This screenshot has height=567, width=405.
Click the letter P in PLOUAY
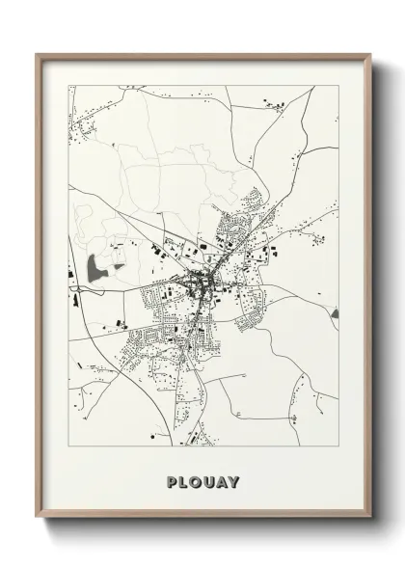[x=172, y=480]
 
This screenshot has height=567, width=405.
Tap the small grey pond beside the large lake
[x=118, y=266]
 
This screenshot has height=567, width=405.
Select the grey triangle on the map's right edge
[x=335, y=313]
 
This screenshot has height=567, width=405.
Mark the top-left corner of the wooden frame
[x=38, y=54]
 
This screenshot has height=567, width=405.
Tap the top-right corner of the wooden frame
[x=370, y=54]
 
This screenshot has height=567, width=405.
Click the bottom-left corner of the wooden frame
[x=38, y=519]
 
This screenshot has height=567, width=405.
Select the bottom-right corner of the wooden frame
[x=370, y=519]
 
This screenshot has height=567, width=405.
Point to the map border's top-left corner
[x=68, y=86]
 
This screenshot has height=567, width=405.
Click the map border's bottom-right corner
[x=338, y=446]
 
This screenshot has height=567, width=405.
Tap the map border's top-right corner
[x=338, y=86]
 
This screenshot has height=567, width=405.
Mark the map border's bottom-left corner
[x=68, y=446]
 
